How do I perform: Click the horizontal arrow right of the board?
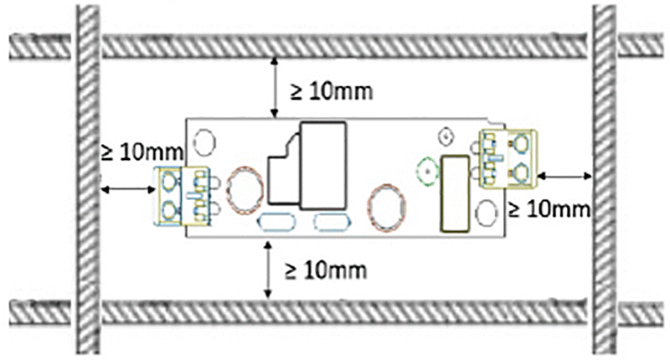click(x=565, y=175)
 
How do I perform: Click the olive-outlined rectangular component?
click(x=454, y=193)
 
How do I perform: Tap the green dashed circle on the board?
click(x=427, y=172)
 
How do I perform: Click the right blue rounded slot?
click(x=330, y=222)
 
